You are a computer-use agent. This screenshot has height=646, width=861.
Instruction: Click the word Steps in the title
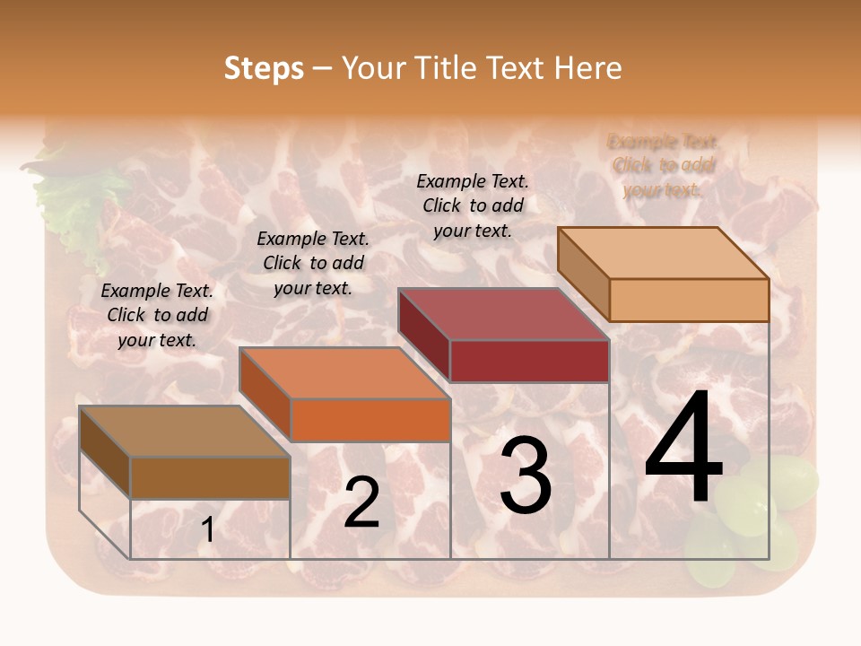click(264, 68)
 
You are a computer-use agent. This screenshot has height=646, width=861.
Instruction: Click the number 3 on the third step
click(526, 476)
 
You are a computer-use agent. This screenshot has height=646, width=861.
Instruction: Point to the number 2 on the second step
click(361, 502)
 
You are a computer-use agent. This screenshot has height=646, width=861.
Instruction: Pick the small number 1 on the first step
click(208, 530)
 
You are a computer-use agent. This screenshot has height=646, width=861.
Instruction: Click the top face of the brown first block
click(185, 432)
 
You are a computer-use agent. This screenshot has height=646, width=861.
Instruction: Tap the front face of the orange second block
click(370, 420)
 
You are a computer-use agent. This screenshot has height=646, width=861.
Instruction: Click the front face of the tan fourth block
click(689, 300)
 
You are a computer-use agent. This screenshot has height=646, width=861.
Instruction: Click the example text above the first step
click(157, 315)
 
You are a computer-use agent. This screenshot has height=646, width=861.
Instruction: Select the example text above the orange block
click(313, 263)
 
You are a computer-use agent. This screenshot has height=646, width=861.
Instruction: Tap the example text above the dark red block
click(473, 205)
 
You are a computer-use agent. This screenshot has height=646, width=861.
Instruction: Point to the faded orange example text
click(664, 165)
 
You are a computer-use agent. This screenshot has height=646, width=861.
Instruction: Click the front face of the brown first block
click(210, 477)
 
